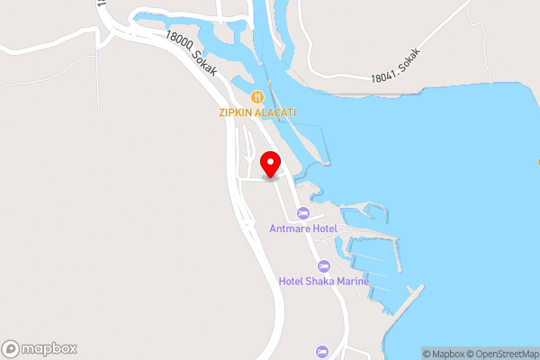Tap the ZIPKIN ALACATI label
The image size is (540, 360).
point(257,112)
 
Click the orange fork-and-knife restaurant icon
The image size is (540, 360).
point(257,96)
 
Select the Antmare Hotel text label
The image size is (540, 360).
point(303,229)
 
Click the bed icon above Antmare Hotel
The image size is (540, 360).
point(303,213)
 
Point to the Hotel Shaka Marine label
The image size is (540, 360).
point(324,281)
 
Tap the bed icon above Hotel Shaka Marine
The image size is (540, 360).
point(323,266)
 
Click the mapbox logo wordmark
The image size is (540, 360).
point(49,348)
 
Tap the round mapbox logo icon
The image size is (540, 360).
point(11,348)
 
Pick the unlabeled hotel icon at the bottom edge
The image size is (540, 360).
point(323,351)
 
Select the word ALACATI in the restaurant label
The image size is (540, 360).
point(274,112)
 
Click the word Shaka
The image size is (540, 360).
point(319,281)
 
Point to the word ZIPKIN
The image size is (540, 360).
point(235,112)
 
